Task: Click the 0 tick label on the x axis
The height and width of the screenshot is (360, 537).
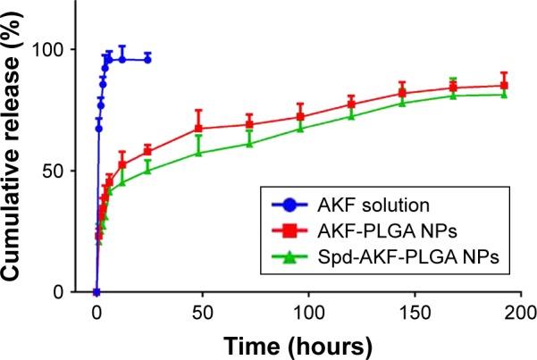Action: (96, 313)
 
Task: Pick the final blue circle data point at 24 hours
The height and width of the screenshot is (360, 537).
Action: (147, 59)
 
